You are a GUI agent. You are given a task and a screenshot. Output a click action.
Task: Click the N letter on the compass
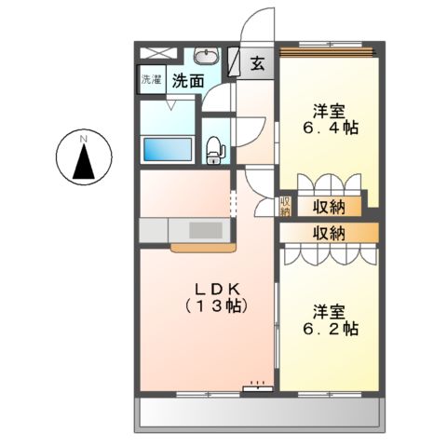pyautogui.click(x=84, y=139)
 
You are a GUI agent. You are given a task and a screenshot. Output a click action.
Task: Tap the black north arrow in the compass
pyautogui.click(x=84, y=163)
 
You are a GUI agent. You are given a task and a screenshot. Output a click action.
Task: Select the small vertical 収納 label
pyautogui.click(x=285, y=206)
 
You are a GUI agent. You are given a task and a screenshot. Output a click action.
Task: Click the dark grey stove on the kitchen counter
pyautogui.click(x=206, y=229)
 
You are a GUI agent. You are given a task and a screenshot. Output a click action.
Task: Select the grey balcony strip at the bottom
pyautogui.click(x=261, y=414)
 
